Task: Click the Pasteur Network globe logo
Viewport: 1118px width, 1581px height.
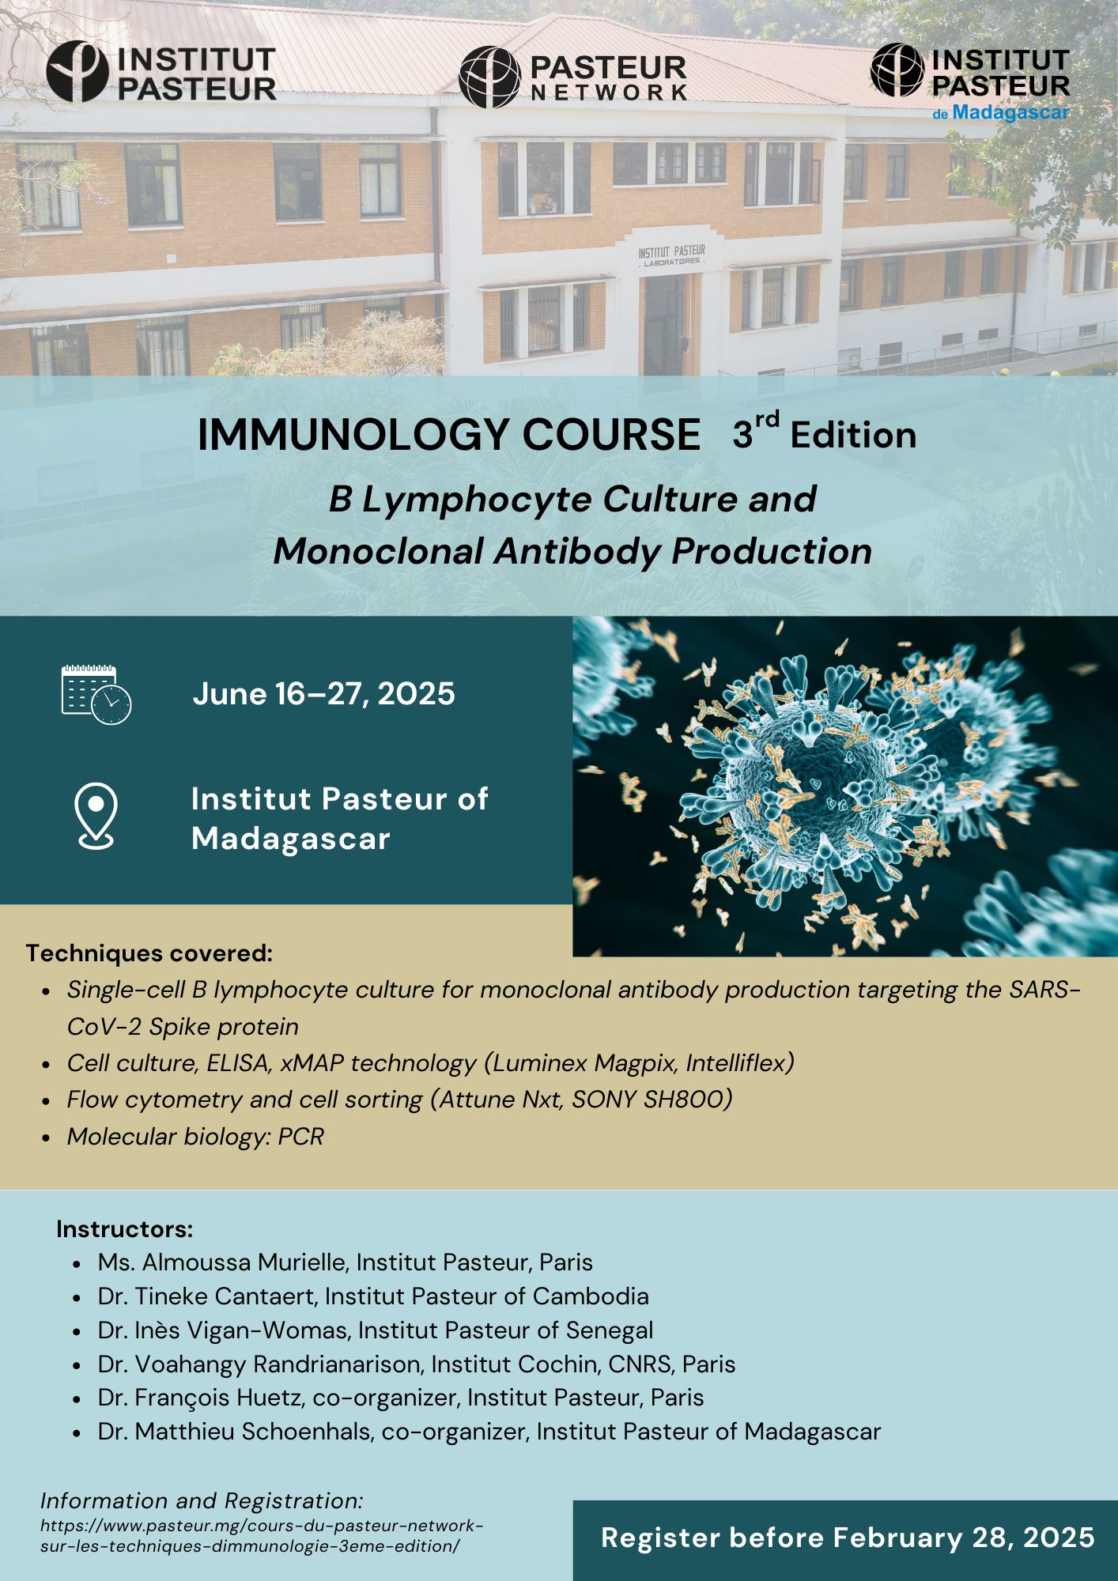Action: coord(489,77)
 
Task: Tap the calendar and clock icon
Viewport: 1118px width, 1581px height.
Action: coord(96,695)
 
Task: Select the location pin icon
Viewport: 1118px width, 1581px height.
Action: coord(96,816)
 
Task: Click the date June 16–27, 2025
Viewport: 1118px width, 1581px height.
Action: coord(324,693)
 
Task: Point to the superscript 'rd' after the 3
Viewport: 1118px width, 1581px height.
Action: coord(767,420)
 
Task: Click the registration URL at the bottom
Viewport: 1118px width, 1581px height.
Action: coord(262,1536)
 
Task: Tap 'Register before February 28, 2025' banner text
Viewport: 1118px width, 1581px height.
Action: coord(848,1538)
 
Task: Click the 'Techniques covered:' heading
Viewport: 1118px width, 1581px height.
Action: coord(149,953)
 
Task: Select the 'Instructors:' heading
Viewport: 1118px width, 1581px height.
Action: coord(125,1229)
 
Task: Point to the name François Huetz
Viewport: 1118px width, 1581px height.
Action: coord(220,1398)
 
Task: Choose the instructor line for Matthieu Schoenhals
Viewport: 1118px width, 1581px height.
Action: coord(489,1432)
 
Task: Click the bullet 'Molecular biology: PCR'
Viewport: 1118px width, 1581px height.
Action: coord(195,1136)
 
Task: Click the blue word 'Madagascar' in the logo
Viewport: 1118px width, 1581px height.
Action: coord(1010,112)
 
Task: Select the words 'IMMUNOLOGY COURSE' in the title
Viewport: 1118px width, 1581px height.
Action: coord(449,435)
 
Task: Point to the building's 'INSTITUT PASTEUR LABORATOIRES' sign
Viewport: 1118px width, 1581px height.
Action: coord(672,255)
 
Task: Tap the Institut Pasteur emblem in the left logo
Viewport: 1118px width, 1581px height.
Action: coord(77,72)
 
